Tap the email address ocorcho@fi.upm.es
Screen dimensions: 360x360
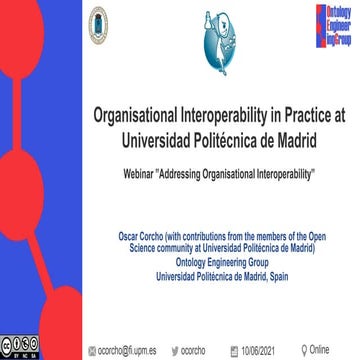pyautogui.click(x=126, y=350)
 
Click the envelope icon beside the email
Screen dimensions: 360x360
pyautogui.click(x=90, y=350)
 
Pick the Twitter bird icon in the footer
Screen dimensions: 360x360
pyautogui.click(x=177, y=350)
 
